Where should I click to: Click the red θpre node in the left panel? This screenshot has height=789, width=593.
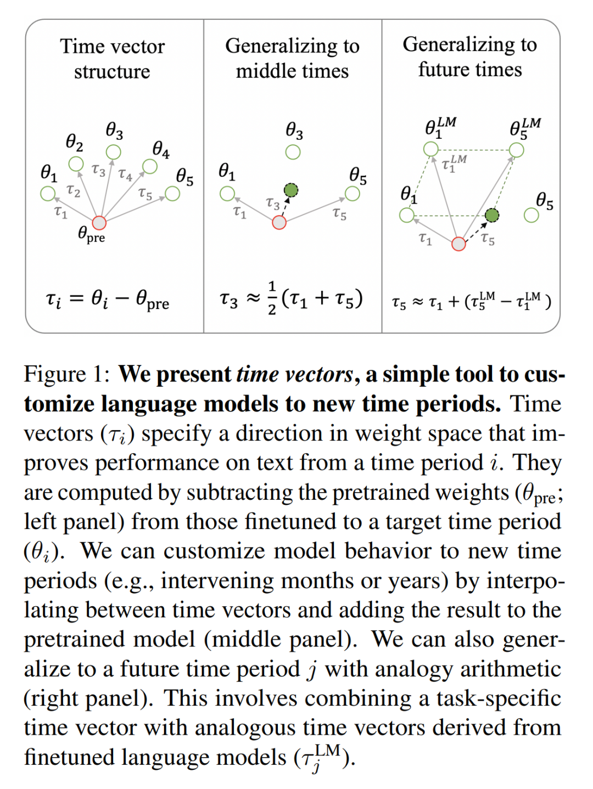pos(99,222)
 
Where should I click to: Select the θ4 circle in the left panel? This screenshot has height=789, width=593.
pos(149,166)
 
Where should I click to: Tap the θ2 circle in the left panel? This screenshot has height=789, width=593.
pos(76,164)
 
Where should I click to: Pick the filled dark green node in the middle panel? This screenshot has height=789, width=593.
pos(291,190)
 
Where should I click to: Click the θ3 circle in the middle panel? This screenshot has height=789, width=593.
pos(293,152)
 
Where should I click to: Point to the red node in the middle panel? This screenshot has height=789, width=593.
pos(279,222)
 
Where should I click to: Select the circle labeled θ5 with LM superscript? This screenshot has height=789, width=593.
pos(516,149)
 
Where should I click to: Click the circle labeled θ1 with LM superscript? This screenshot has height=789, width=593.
pos(431,149)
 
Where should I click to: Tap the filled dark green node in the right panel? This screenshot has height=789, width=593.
pos(492,215)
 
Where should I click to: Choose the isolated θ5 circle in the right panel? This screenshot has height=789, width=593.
pos(532,215)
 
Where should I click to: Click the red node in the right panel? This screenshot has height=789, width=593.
pos(458,244)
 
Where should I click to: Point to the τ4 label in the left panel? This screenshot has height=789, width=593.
pos(125,175)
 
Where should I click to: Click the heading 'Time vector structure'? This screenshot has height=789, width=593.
pos(112,59)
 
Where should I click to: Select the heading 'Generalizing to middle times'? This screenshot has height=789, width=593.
pos(292,58)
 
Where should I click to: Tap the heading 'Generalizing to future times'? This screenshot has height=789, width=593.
pos(470,57)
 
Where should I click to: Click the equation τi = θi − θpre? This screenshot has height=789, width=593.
pos(108,300)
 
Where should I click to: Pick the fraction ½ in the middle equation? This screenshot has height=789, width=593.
pos(272,298)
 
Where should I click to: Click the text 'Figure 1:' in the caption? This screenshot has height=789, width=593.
pos(67,375)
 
